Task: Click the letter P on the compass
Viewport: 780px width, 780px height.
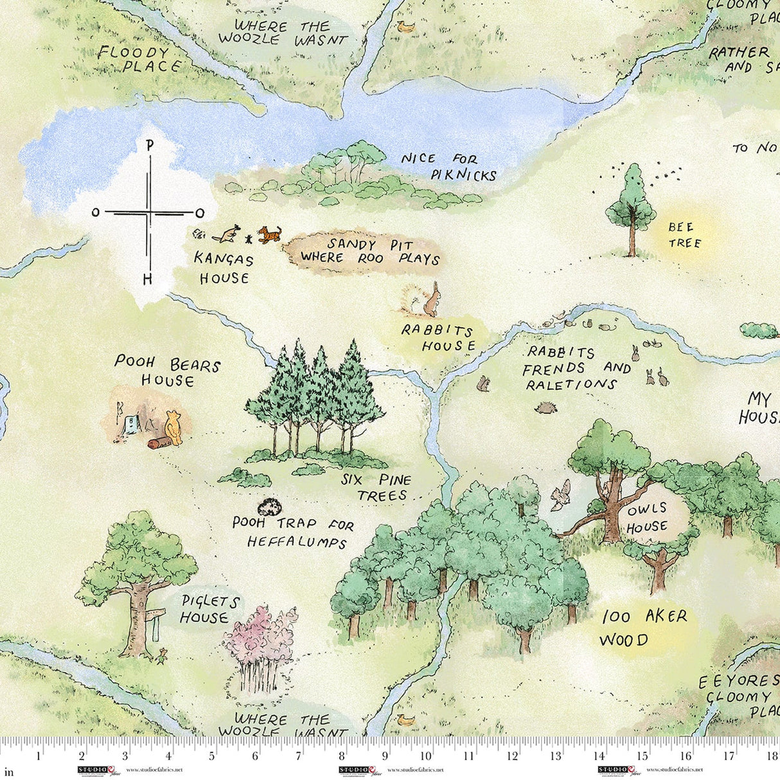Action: [x=149, y=145]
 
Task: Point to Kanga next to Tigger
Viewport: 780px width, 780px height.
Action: [x=226, y=235]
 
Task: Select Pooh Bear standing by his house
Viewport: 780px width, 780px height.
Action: [x=173, y=427]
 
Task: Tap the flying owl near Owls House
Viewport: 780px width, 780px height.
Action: [x=561, y=495]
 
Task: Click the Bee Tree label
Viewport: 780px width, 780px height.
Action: [x=684, y=235]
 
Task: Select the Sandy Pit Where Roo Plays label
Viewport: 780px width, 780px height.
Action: [x=369, y=251]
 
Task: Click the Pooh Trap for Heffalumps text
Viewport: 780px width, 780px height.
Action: [x=292, y=533]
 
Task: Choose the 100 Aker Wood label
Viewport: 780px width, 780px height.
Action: [x=643, y=628]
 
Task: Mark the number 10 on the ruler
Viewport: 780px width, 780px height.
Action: [x=427, y=756]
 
